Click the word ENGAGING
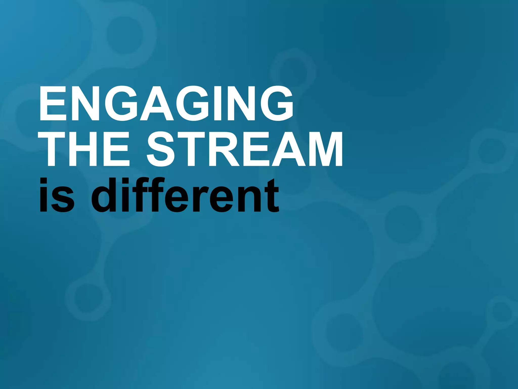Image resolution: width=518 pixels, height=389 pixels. tap(166, 103)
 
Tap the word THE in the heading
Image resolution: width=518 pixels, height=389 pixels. tap(83, 149)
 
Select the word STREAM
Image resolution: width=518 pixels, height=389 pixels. tap(244, 149)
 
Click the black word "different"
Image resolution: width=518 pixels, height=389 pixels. tap(185, 195)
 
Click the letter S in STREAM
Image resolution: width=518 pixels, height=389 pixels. tap(161, 149)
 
